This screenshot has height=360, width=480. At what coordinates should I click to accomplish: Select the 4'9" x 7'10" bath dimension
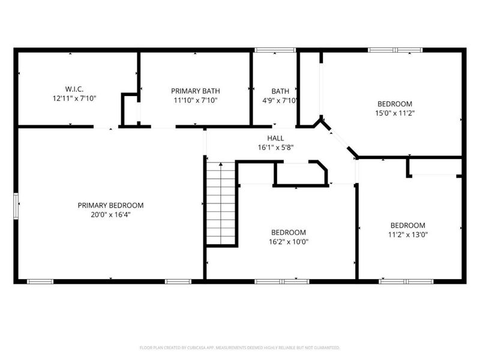click(x=281, y=100)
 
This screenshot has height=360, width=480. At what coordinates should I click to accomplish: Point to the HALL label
click(x=276, y=138)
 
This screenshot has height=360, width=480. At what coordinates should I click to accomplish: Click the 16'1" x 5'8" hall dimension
click(x=276, y=147)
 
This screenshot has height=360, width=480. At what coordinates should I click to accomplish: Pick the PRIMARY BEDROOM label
click(x=110, y=205)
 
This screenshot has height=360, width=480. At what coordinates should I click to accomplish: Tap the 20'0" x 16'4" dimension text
click(x=110, y=214)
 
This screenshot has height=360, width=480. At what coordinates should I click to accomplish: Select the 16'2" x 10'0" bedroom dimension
click(x=289, y=242)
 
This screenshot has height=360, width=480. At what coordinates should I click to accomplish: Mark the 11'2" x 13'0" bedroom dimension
click(x=407, y=235)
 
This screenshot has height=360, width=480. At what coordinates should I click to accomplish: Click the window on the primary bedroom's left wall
click(x=16, y=207)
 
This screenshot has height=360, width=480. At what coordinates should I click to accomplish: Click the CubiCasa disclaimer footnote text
click(x=240, y=347)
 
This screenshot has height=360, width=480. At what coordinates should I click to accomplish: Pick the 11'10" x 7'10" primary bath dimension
click(x=194, y=100)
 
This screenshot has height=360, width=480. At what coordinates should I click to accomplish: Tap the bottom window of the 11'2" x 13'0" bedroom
click(x=407, y=281)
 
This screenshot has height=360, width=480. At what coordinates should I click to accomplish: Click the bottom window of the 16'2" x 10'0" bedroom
click(x=282, y=281)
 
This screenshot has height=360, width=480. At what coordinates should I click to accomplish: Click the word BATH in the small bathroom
click(x=280, y=91)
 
